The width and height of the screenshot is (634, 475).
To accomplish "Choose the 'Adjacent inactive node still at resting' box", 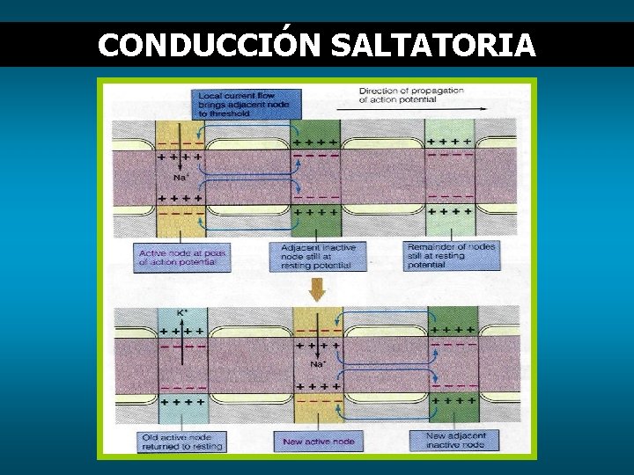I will pos(319,257).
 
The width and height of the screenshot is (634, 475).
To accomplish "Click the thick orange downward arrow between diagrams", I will pos(317,289).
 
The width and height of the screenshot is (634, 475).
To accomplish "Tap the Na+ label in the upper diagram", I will pos(181,177).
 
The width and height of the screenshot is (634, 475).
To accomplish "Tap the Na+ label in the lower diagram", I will pos(317,364).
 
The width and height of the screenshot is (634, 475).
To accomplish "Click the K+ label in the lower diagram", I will pos(182,312).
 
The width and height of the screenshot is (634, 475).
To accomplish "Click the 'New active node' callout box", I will pos(319,442).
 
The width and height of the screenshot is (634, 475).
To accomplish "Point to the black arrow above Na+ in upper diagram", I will pos(181,163).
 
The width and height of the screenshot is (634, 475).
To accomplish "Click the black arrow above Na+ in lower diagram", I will pos(317,348).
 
